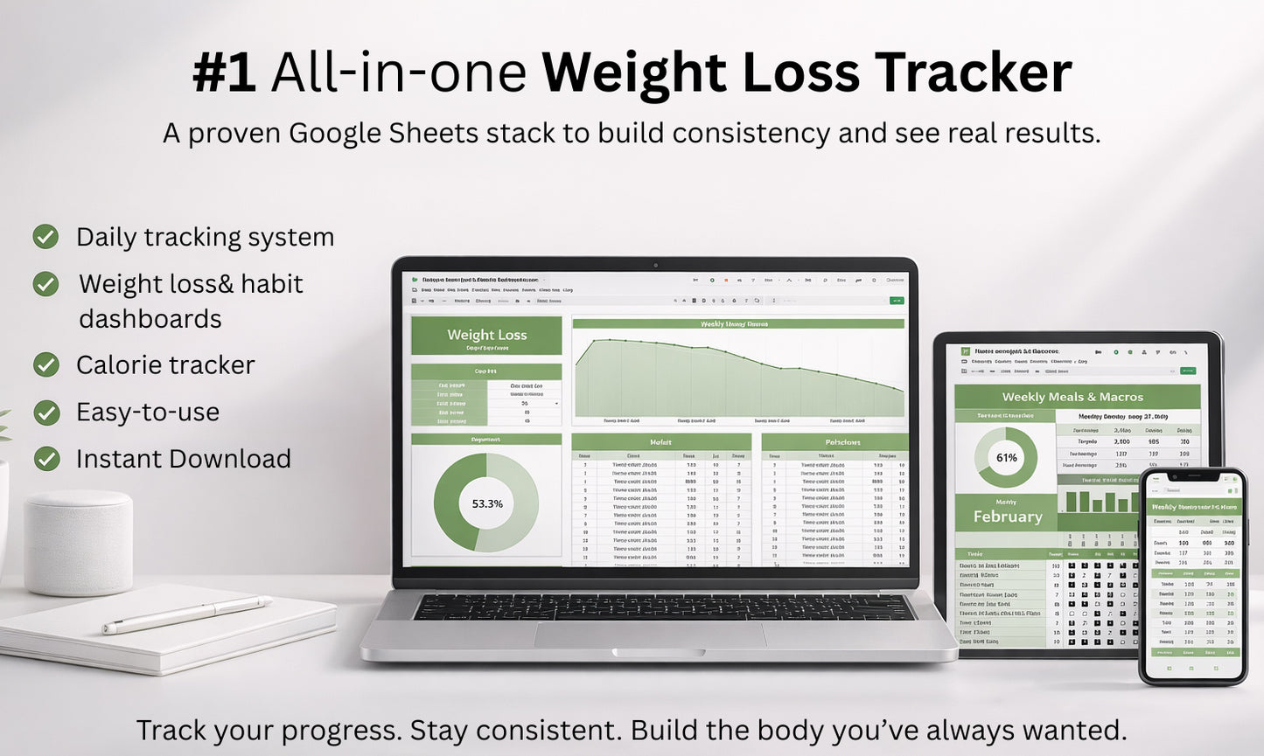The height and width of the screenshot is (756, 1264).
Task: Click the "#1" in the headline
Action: point(224,73)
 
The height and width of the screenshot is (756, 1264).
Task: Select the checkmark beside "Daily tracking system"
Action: point(45,237)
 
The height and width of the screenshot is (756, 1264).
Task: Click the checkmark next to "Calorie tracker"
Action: point(45,364)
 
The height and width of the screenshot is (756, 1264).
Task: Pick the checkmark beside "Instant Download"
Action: point(45,459)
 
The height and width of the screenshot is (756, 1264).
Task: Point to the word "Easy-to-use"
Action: point(147,412)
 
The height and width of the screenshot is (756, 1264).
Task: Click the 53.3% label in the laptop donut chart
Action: point(486,503)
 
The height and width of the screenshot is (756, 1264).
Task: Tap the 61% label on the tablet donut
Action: point(1006,457)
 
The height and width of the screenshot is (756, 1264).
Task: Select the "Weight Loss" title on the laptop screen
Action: point(486,335)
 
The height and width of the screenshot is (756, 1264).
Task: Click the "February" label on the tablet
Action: point(1007,517)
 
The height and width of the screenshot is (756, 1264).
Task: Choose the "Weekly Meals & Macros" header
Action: point(1072,397)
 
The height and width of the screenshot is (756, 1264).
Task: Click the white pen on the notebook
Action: point(186,614)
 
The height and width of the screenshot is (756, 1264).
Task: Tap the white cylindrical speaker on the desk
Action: point(78,542)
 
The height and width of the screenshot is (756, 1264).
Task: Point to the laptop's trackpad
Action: point(650,635)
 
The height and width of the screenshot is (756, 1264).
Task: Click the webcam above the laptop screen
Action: point(655,265)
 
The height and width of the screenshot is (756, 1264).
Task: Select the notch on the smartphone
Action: point(1191,477)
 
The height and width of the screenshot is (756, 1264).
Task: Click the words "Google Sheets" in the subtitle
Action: point(383,134)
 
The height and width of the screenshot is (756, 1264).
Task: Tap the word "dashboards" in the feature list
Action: point(150,319)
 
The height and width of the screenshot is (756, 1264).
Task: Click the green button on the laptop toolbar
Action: point(896,301)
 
